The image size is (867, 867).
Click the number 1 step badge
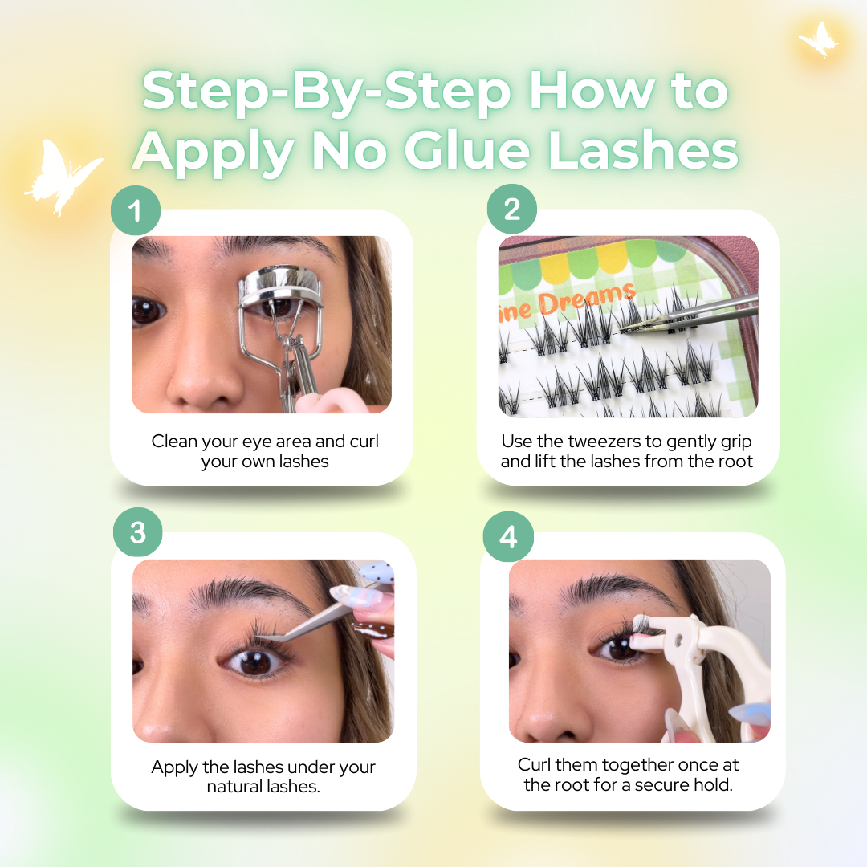(x=135, y=210)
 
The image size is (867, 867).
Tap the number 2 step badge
(x=512, y=210)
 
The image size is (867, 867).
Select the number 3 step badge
(x=138, y=533)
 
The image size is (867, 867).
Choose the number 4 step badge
(x=509, y=536)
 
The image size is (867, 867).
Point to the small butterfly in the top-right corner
(x=818, y=38)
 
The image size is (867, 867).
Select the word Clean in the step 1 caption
(x=173, y=442)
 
